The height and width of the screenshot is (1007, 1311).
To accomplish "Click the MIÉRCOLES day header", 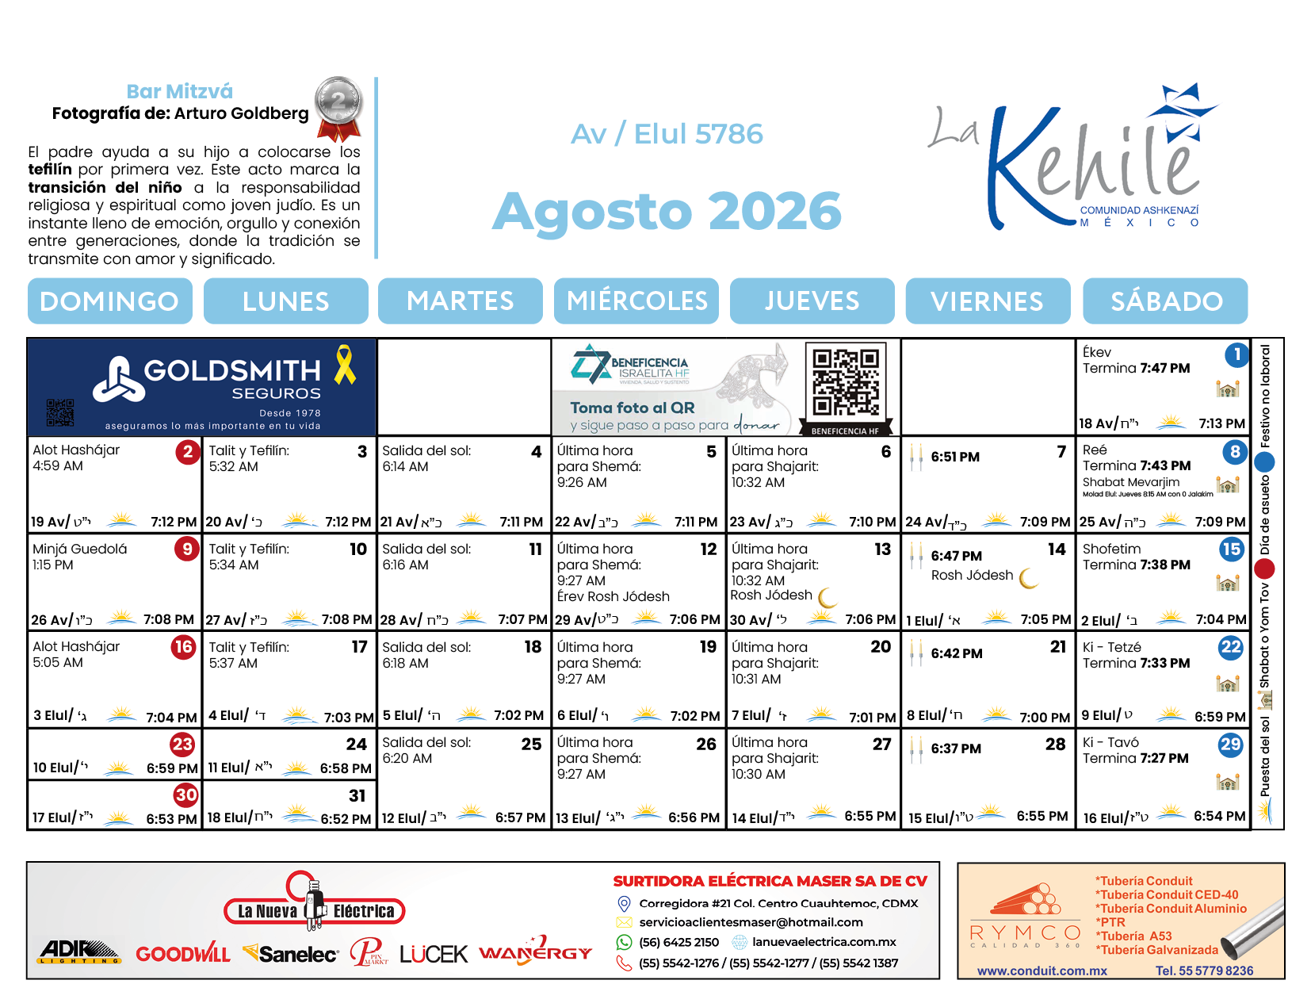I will click(636, 301).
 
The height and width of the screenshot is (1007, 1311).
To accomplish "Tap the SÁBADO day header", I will click(1166, 301).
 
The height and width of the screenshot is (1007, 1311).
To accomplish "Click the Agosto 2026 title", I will click(667, 212).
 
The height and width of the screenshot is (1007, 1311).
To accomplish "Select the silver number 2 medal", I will click(338, 103).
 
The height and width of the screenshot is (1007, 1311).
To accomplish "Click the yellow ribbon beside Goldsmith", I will click(345, 365).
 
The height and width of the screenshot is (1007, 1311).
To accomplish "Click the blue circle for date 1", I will click(1236, 354).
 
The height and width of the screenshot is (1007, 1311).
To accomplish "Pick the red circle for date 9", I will click(187, 549).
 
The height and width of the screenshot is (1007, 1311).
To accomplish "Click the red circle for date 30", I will click(185, 794).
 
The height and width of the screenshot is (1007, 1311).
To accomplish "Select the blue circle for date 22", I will click(1230, 647).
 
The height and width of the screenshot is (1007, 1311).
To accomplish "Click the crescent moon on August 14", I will click(1029, 578).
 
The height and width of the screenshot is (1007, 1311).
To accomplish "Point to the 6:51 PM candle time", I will click(954, 457).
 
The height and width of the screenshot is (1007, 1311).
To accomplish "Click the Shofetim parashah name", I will click(1111, 549).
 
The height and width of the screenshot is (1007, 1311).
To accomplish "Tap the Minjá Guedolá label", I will click(79, 549).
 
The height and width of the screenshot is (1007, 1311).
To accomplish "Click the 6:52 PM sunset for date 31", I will click(346, 819).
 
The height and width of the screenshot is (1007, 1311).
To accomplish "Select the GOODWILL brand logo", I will click(182, 954).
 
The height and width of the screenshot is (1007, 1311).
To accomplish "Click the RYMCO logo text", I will click(1025, 932).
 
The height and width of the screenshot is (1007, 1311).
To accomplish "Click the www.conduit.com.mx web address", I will click(1042, 971).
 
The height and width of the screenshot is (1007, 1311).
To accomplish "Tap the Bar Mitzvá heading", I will click(179, 91).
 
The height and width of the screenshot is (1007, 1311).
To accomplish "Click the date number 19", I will click(708, 647).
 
